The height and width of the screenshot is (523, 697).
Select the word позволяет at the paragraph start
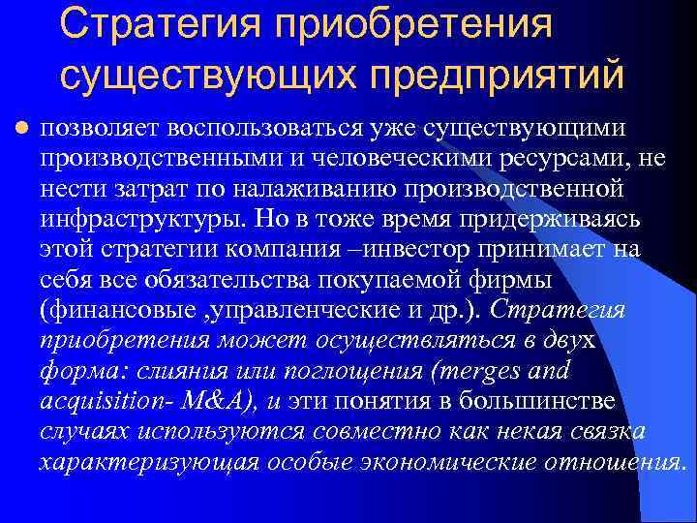[99, 128]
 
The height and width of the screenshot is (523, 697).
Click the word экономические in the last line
[441, 462]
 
